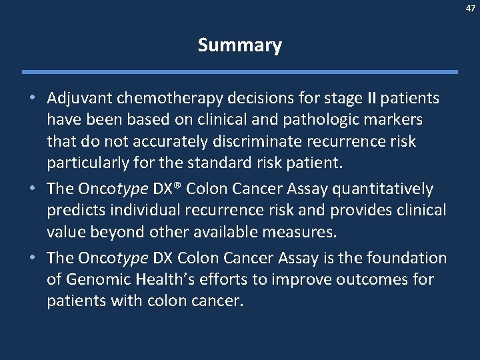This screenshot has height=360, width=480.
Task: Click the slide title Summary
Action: pyautogui.click(x=240, y=46)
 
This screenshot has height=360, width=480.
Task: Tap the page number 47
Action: pyautogui.click(x=469, y=7)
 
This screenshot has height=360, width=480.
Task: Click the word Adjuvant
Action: pyautogui.click(x=76, y=99)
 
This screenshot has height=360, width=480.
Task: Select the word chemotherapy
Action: pyautogui.click(x=157, y=99)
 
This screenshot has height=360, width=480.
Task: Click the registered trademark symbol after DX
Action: pyautogui.click(x=179, y=187)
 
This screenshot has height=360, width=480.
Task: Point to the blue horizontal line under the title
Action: pyautogui.click(x=240, y=72)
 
